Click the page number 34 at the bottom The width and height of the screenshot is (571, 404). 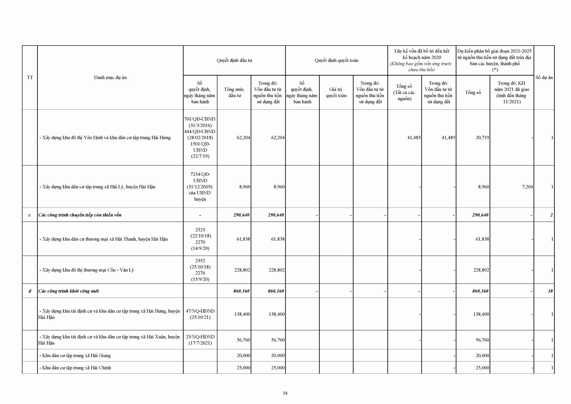pos(285,393)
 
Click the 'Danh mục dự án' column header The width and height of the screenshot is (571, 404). pos(110,77)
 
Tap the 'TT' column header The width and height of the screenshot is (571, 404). pos(30,77)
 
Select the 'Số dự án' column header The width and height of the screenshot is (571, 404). pos(544,77)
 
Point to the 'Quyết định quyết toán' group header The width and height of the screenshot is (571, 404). pos(336,60)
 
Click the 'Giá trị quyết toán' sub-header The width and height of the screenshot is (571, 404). pos(336,92)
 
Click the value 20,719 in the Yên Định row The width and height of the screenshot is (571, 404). pos(482,138)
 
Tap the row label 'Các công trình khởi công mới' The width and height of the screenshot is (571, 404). pos(68,291)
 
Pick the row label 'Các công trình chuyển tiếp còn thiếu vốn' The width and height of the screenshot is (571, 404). pos(80,215)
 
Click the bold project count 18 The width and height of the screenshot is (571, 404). pos(550,291)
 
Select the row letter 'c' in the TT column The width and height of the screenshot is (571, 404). pos(29,215)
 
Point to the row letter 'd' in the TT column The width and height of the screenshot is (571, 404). pos(30,291)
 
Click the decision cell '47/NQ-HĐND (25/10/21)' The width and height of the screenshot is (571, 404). pos(200,314)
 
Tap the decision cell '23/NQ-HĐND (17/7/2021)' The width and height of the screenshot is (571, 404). pos(200,340)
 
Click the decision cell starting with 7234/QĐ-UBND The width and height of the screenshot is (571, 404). pos(200,187)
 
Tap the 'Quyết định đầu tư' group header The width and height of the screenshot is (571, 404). pos(234,60)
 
